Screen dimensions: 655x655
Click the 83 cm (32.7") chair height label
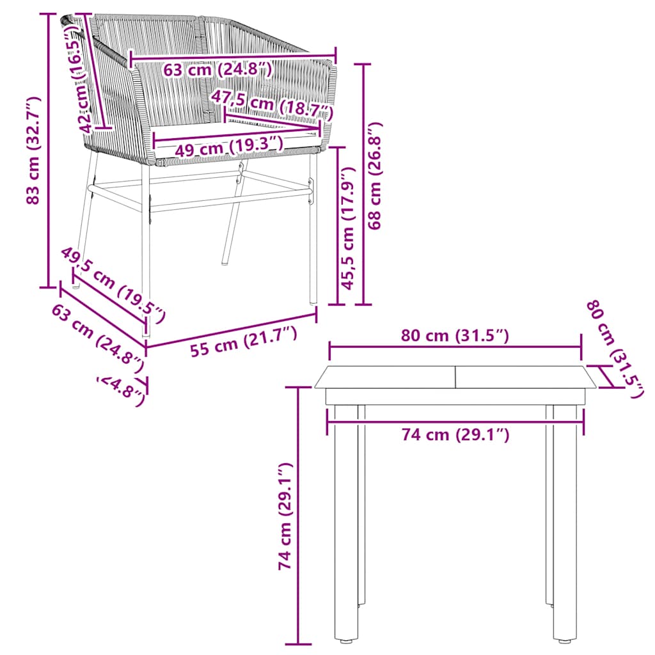pyautogui.click(x=33, y=151)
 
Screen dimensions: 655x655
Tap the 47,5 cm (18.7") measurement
pyautogui.click(x=272, y=104)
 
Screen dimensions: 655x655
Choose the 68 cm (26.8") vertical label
pyautogui.click(x=375, y=176)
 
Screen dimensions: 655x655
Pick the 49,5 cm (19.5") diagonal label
pyautogui.click(x=113, y=284)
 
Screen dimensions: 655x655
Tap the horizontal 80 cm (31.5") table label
pyautogui.click(x=455, y=335)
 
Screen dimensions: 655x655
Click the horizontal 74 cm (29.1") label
pyautogui.click(x=455, y=435)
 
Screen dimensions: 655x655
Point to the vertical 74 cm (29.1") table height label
pyautogui.click(x=285, y=517)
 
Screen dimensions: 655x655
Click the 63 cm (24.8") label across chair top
pyautogui.click(x=217, y=68)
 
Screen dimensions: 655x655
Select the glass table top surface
pyautogui.click(x=455, y=377)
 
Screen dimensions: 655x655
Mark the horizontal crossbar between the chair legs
pyautogui.click(x=198, y=186)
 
